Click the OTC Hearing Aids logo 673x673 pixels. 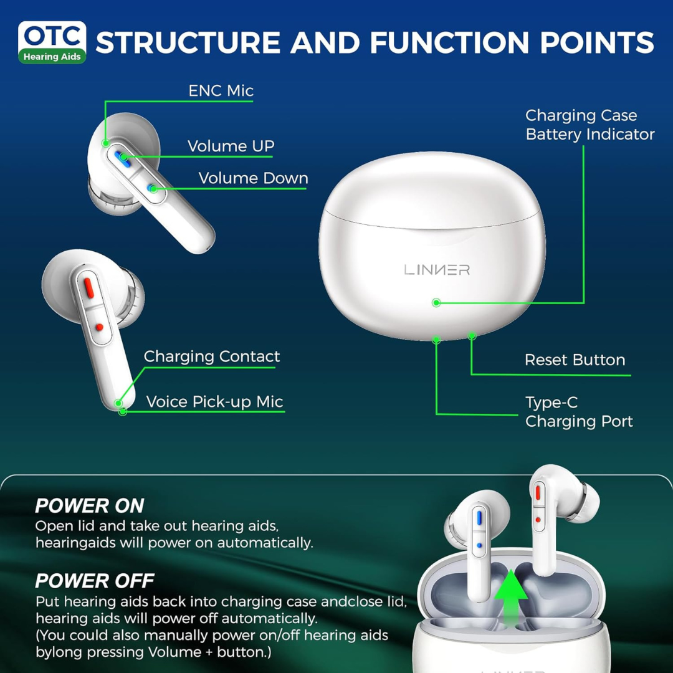(52, 42)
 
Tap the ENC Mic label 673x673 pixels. (221, 91)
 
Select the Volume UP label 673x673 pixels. (231, 146)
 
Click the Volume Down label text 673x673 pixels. (253, 178)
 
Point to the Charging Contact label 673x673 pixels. (211, 357)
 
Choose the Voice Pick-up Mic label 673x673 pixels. (214, 402)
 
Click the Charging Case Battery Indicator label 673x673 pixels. (589, 125)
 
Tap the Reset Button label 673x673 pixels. (575, 360)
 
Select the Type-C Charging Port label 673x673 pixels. (578, 412)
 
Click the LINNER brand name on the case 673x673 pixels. (437, 270)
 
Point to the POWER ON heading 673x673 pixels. (89, 505)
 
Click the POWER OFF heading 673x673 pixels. (94, 581)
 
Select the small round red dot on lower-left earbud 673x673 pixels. (98, 327)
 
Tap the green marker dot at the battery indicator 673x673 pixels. (436, 303)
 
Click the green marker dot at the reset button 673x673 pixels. (472, 336)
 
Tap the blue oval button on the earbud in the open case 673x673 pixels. (479, 517)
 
